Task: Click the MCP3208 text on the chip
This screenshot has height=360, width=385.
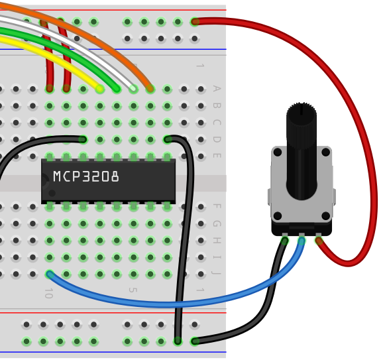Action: [x=86, y=176]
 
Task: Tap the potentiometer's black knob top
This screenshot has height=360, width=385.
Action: [x=302, y=112]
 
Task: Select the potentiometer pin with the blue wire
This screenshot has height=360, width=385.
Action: [x=302, y=239]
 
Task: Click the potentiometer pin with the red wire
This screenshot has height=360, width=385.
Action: [x=319, y=239]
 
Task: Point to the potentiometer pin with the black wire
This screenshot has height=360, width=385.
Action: [x=285, y=239]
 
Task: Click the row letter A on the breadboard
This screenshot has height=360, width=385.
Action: [x=217, y=88]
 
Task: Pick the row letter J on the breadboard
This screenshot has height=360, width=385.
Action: [x=216, y=273]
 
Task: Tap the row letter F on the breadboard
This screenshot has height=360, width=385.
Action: [x=217, y=206]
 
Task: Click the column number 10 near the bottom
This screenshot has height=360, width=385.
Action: [x=49, y=293]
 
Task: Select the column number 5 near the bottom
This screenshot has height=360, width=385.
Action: [x=133, y=290]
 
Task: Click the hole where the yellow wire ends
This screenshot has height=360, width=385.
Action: [x=99, y=89]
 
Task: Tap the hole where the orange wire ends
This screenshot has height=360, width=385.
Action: [x=150, y=89]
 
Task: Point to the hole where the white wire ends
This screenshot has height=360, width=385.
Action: [x=133, y=89]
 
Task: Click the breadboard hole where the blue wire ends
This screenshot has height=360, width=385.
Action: [x=50, y=274]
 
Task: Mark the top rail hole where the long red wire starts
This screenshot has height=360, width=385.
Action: [x=194, y=22]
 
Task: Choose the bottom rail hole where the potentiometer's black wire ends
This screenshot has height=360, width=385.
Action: [x=194, y=341]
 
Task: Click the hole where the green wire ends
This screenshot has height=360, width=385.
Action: [x=117, y=89]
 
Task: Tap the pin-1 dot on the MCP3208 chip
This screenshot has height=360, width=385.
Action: [x=52, y=193]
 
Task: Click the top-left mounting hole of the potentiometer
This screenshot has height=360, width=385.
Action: [x=278, y=152]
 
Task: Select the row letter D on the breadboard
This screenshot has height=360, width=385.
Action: [x=217, y=139]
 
